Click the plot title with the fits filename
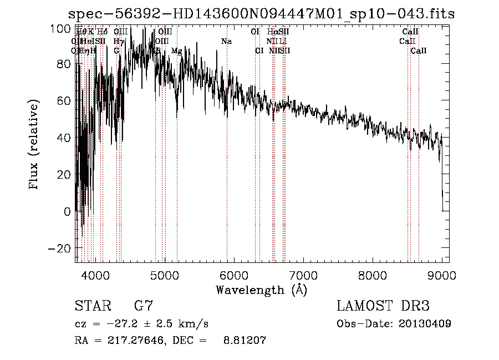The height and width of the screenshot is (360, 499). point(261,14)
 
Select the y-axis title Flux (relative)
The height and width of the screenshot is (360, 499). point(34,145)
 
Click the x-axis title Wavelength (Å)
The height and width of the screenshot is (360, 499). point(262,290)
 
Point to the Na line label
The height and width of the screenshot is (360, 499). point(226,42)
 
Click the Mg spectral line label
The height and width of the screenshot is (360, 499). point(176,51)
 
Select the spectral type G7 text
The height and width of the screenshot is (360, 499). point(143,306)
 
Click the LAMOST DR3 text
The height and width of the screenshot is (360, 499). point(383,306)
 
